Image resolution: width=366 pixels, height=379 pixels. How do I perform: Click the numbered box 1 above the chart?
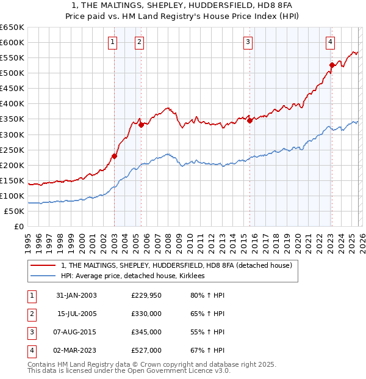[113, 42]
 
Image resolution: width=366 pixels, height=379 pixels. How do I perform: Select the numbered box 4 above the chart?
[330, 42]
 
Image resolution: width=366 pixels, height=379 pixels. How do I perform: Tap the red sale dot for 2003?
[114, 156]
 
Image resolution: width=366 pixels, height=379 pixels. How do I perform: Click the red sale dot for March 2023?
[332, 65]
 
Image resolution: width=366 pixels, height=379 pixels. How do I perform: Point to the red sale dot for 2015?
[249, 120]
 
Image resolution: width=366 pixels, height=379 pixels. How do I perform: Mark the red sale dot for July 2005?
[141, 125]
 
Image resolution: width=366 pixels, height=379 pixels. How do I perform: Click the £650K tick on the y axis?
[12, 28]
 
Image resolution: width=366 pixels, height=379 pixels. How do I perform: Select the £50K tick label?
[15, 211]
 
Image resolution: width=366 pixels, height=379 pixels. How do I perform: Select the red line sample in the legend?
[43, 265]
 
